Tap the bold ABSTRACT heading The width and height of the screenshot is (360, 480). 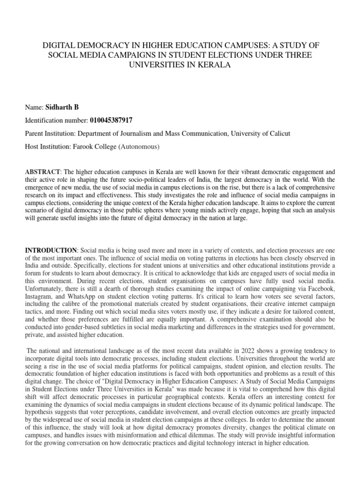(x=43, y=172)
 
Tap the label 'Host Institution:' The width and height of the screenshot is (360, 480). (x=48, y=147)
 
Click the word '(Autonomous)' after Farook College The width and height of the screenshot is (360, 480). (x=139, y=147)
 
